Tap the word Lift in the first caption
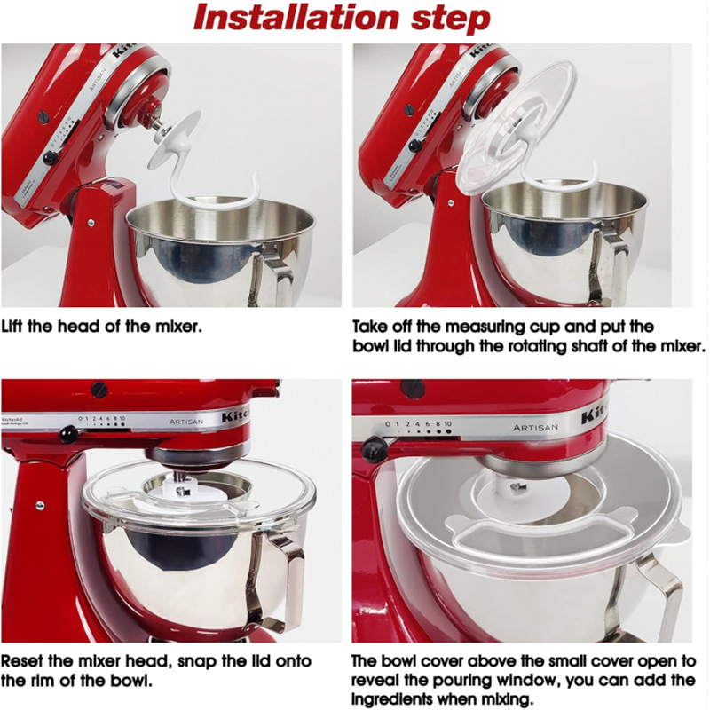18,326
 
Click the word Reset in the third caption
26,662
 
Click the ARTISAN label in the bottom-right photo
535,428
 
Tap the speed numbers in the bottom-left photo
102,418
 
